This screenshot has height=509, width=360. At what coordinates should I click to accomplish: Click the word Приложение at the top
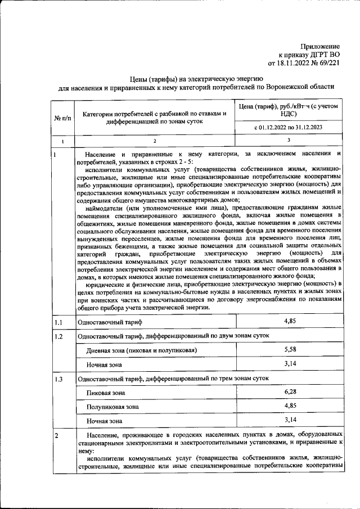click(x=320, y=46)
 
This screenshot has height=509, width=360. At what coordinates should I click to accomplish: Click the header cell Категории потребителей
click(x=154, y=118)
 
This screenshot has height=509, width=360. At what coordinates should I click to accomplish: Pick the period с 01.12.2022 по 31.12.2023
click(x=288, y=128)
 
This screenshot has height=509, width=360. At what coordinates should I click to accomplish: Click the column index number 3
click(x=288, y=141)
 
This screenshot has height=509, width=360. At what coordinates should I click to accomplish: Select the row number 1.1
click(x=58, y=322)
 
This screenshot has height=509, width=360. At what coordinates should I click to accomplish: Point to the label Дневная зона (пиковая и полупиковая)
click(x=141, y=350)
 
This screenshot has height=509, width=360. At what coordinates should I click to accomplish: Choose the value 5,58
click(x=290, y=349)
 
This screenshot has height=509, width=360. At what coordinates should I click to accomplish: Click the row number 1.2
click(x=58, y=336)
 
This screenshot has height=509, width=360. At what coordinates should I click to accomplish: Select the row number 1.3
click(x=58, y=379)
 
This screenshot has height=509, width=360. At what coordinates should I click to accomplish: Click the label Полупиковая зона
click(x=112, y=407)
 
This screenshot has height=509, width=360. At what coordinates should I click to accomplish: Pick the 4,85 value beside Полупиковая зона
click(x=290, y=406)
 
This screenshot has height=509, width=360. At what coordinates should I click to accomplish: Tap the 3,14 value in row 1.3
click(x=290, y=420)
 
